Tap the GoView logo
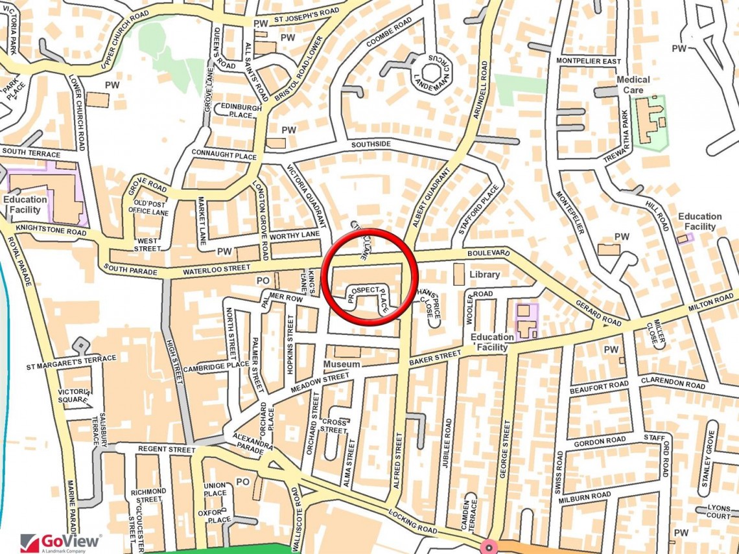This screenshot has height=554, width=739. tap(61, 542)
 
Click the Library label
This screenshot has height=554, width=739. tap(485, 274)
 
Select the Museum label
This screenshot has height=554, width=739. tap(342, 365)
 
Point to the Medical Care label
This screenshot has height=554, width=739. tap(633, 85)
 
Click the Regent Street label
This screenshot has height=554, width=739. tap(167, 449)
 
